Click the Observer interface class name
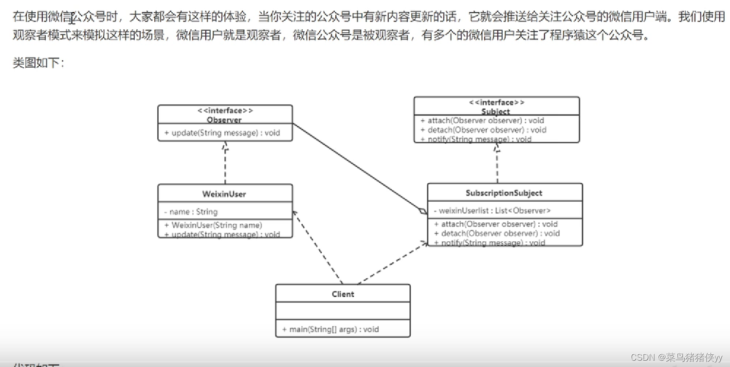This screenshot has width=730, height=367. pyautogui.click(x=224, y=120)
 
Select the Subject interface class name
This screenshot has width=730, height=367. pyautogui.click(x=495, y=112)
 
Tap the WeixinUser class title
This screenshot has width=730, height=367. pyautogui.click(x=224, y=194)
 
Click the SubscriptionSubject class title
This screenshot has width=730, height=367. pyautogui.click(x=504, y=193)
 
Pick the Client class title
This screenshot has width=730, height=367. pyautogui.click(x=343, y=294)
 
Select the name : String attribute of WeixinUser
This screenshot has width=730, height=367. pyautogui.click(x=191, y=212)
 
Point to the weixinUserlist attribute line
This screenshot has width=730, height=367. pyautogui.click(x=492, y=211)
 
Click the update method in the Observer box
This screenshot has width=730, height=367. pyautogui.click(x=222, y=133)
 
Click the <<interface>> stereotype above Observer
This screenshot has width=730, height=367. pyautogui.click(x=224, y=111)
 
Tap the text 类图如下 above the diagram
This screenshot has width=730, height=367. pyautogui.click(x=38, y=63)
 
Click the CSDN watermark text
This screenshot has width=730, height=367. pyautogui.click(x=676, y=357)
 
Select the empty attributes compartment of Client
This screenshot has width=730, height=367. pyautogui.click(x=343, y=311)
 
